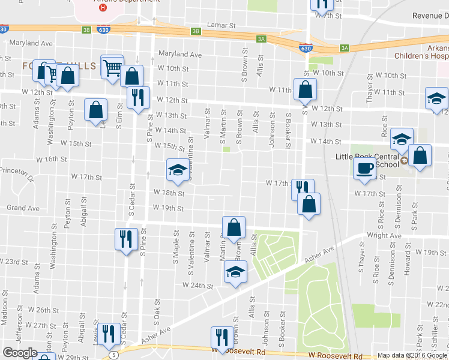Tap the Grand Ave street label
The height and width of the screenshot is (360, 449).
pyautogui.click(x=23, y=208)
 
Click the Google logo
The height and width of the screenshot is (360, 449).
pyautogui.click(x=20, y=353)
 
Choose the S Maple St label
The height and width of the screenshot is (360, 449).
pyautogui.click(x=176, y=247)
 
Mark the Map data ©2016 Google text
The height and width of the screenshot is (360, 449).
pyautogui.click(x=412, y=355)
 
